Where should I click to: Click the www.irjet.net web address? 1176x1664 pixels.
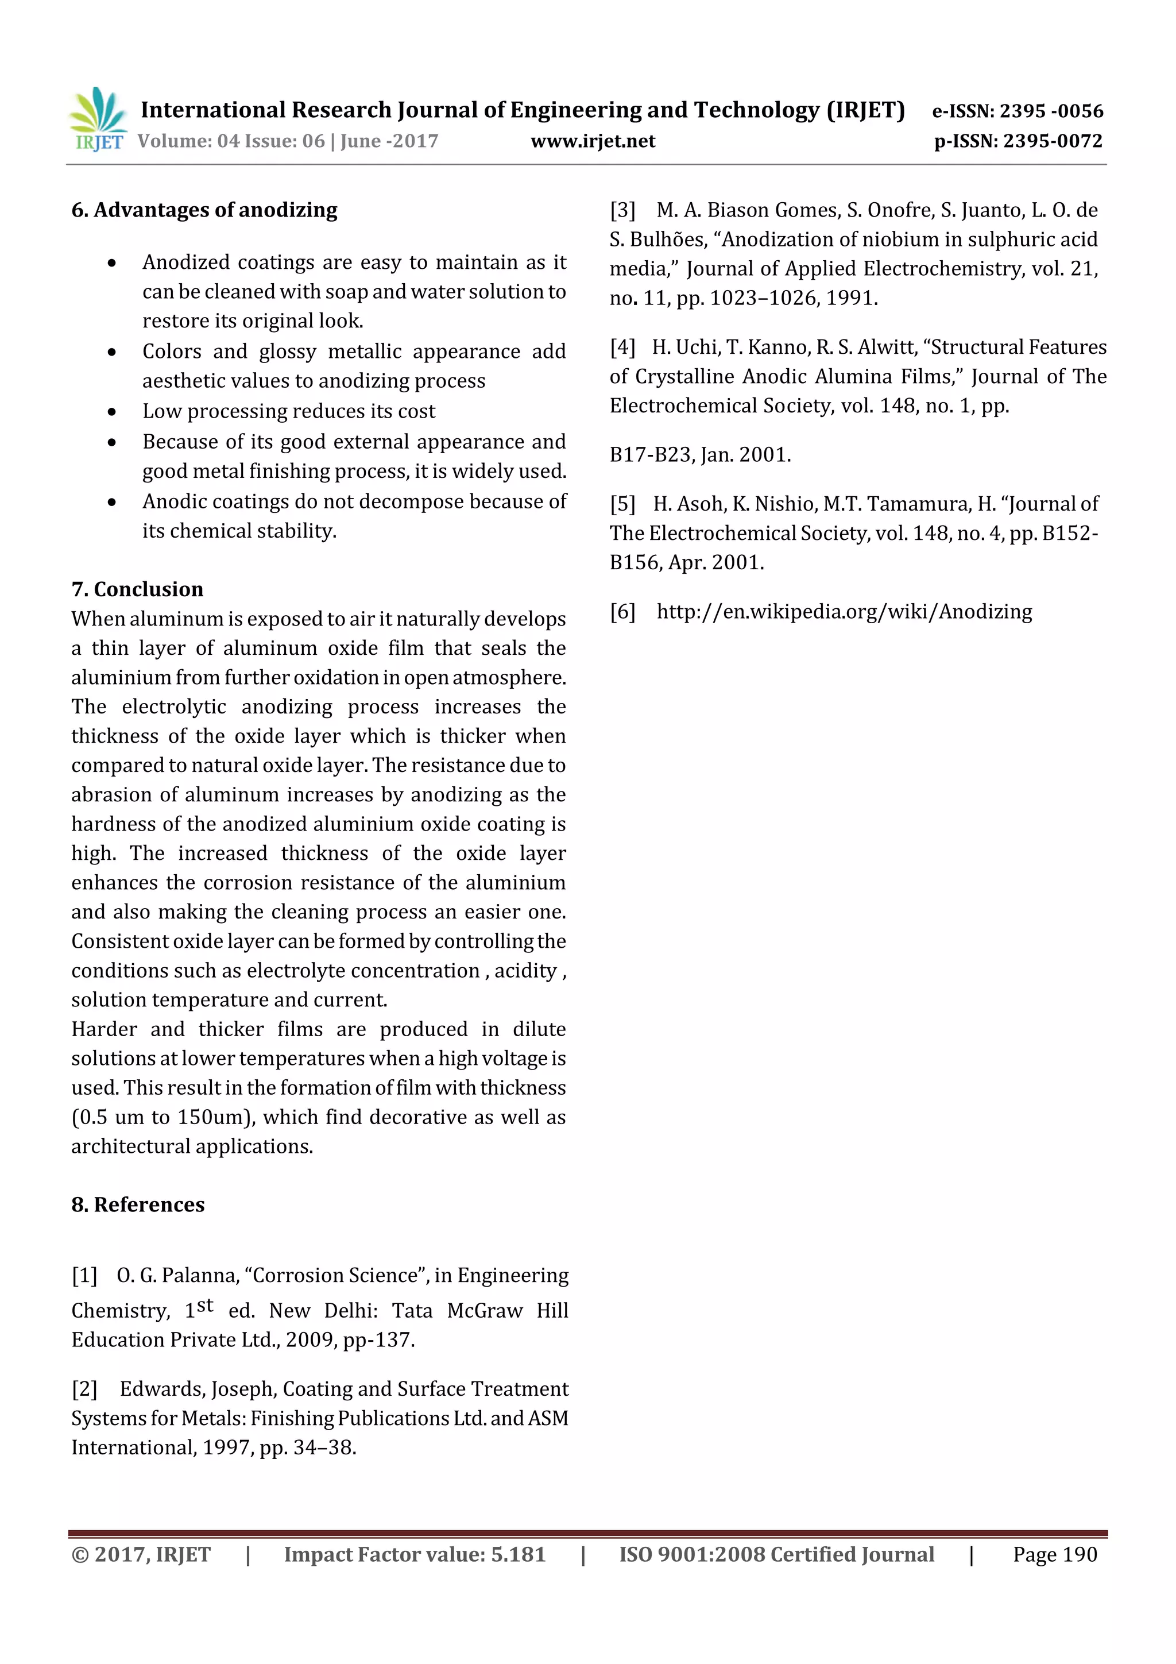[592, 141]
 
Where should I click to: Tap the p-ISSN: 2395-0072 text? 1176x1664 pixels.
[1018, 141]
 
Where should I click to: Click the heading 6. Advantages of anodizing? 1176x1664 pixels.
[204, 210]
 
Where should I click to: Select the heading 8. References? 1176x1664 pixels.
[138, 1204]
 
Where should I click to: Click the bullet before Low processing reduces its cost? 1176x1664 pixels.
[111, 412]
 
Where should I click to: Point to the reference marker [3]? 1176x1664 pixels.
[622, 211]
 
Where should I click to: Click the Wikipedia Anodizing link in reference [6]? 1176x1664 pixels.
[844, 612]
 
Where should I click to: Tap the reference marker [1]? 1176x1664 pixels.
[84, 1276]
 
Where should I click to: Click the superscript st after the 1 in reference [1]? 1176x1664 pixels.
[205, 1305]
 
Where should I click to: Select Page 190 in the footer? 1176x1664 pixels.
[1054, 1554]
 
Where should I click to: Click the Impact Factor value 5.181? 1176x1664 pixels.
[517, 1554]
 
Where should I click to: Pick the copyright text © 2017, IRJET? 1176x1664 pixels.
[141, 1554]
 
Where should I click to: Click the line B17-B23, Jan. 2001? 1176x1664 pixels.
[700, 455]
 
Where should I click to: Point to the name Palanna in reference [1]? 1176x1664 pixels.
[202, 1276]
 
